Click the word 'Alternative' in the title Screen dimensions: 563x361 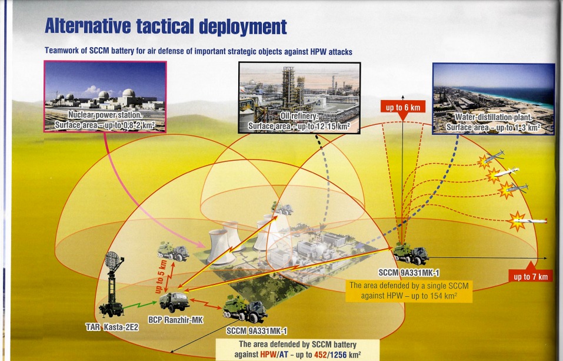point(88,27)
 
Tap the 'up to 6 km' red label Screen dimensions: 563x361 point(403,107)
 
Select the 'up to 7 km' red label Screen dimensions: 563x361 point(531,276)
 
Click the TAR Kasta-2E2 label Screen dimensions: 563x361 point(112,327)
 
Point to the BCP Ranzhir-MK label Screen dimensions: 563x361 point(175,319)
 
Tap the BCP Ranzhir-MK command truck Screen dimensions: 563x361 point(174,301)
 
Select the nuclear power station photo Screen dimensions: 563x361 point(105,97)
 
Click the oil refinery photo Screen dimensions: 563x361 point(299,98)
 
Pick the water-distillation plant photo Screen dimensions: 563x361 point(494,99)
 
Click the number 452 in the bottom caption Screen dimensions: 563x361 point(320,355)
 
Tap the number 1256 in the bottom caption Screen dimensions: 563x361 point(338,355)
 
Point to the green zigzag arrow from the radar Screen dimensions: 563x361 point(139,306)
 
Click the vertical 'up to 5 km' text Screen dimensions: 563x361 point(161,277)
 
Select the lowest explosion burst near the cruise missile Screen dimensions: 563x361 point(517,221)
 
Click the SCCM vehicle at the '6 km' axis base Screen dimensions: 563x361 point(411,253)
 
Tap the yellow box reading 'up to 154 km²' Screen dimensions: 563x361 point(409,291)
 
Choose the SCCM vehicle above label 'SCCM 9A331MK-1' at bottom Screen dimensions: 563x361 point(245,309)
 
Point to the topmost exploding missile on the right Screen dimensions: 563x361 point(491,159)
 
